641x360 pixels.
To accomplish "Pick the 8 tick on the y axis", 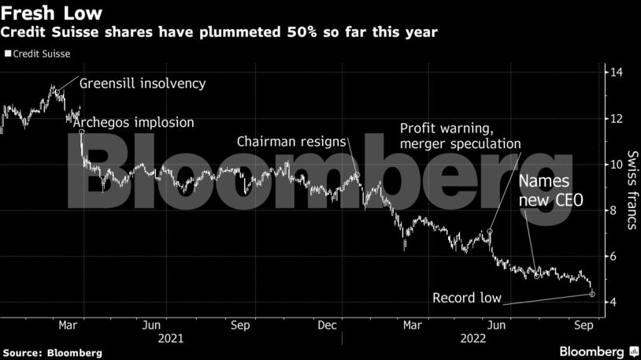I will point(612,211).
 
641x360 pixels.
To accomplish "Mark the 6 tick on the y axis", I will point(612,257).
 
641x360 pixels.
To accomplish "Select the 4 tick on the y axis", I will point(612,302).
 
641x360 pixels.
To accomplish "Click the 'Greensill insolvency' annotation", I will point(143,83).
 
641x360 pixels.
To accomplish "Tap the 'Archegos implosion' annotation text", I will point(132,123).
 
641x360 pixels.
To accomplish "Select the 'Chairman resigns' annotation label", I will point(292,141).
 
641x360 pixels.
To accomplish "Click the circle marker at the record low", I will point(592,295).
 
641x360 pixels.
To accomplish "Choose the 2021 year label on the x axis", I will point(170,338).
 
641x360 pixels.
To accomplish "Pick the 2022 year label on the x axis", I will point(474,338).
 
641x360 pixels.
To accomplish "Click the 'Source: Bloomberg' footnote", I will point(52,353).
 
